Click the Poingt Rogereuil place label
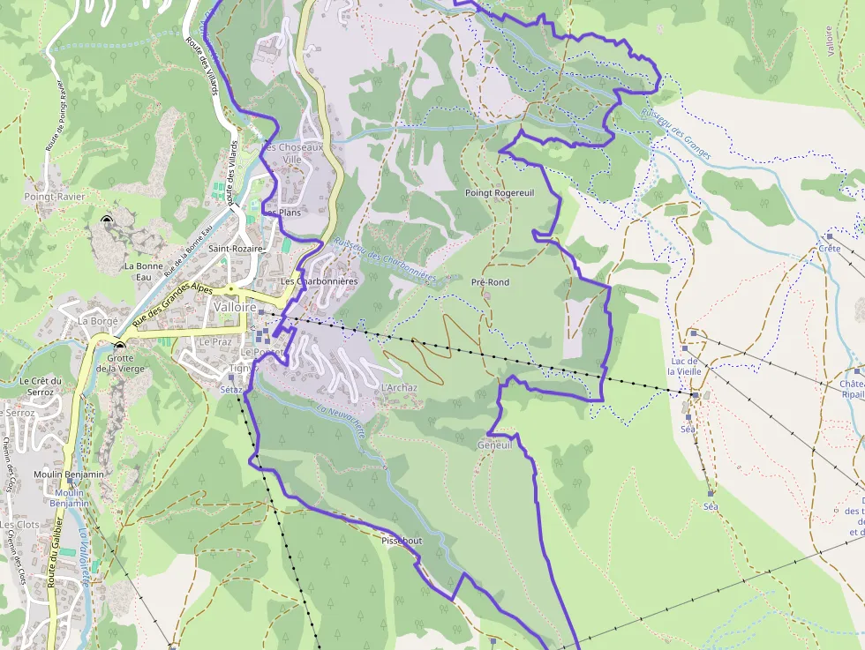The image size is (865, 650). [500, 192]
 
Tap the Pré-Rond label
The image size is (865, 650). [490, 282]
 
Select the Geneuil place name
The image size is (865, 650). [494, 445]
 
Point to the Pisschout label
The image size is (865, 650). [402, 540]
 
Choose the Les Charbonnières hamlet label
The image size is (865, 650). [319, 281]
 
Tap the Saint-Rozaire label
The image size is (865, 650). [237, 249]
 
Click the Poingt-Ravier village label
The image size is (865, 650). [53, 197]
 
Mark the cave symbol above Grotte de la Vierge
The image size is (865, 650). [118, 345]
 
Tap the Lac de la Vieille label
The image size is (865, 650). [685, 366]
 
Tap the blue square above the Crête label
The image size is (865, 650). [829, 236]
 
